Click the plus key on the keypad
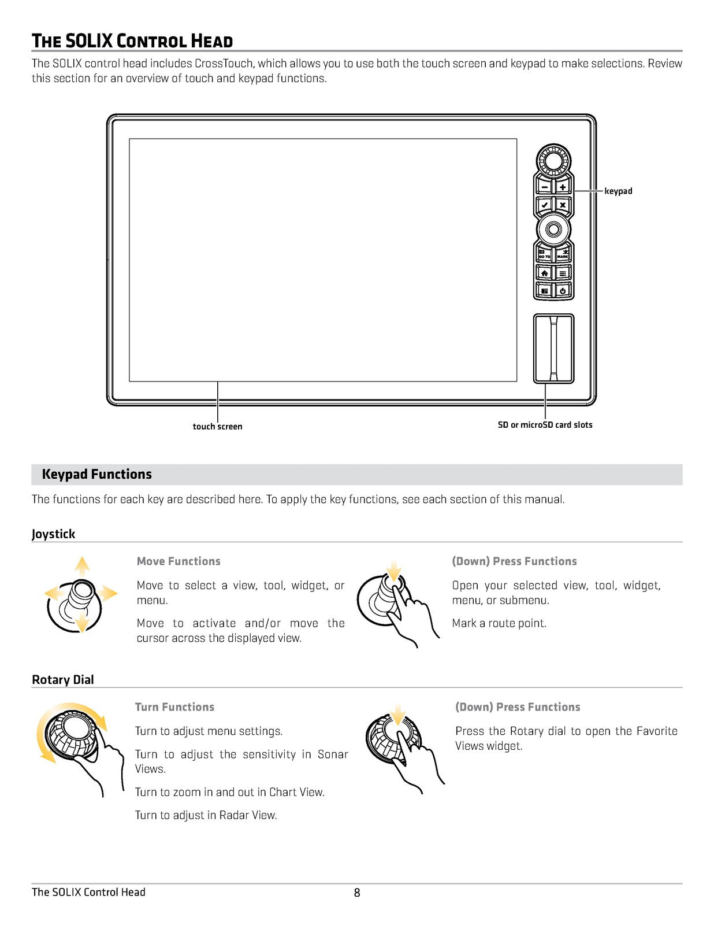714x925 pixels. (562, 187)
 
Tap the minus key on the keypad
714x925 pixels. (545, 187)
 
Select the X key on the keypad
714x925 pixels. (562, 205)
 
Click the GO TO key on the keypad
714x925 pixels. (544, 254)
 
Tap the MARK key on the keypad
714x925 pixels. (563, 254)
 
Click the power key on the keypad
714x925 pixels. (563, 290)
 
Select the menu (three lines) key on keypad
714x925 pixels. (563, 273)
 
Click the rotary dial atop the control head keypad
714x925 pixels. (553, 160)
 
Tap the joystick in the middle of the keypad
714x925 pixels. (553, 230)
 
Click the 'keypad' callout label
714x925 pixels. (618, 191)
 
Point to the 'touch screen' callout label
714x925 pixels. (217, 427)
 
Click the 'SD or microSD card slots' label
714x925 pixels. (545, 425)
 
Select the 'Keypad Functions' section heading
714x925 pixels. (96, 475)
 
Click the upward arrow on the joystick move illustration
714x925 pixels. (82, 565)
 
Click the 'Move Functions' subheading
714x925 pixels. (178, 561)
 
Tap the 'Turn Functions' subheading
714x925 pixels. (174, 707)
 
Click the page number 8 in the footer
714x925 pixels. (357, 893)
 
